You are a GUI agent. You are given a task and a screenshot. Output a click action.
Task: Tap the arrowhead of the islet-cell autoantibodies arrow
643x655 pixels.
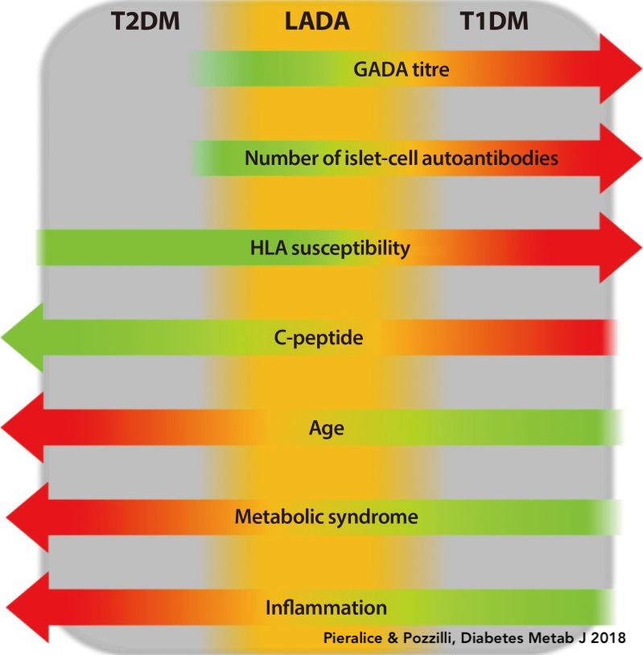pyautogui.click(x=620, y=158)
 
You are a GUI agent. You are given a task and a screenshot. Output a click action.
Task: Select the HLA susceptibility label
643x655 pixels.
pyautogui.click(x=330, y=248)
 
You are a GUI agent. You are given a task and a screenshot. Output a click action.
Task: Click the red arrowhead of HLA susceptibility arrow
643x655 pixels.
pyautogui.click(x=620, y=248)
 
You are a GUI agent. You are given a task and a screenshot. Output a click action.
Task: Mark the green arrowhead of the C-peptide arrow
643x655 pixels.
pyautogui.click(x=23, y=337)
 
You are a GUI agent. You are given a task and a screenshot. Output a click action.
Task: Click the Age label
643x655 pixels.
pyautogui.click(x=327, y=427)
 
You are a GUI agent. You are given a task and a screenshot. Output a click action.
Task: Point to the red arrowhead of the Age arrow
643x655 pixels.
pyautogui.click(x=23, y=427)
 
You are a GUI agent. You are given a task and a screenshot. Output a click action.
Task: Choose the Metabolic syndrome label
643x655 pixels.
pyautogui.click(x=326, y=517)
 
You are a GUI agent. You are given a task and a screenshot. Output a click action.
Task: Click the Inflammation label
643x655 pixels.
pyautogui.click(x=327, y=607)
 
